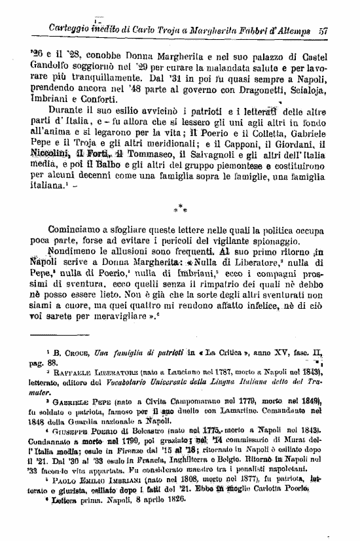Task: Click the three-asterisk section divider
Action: coord(180,210)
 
